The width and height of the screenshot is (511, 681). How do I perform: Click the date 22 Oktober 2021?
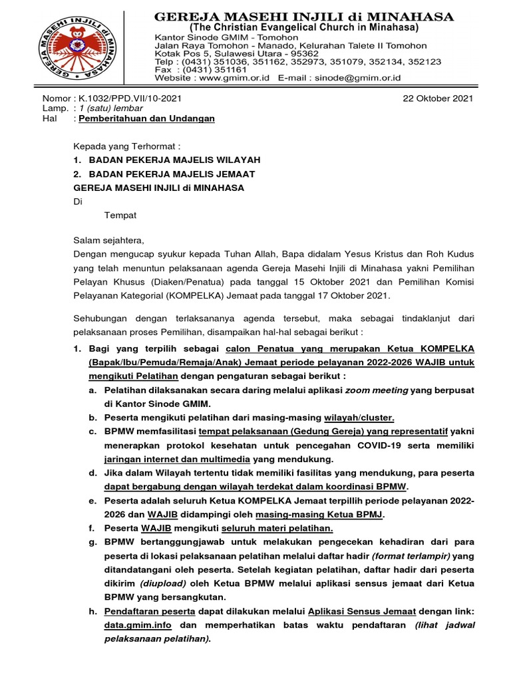[438, 98]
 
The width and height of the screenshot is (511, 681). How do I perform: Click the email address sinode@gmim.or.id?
[360, 78]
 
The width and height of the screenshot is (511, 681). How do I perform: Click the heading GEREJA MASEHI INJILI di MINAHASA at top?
[304, 16]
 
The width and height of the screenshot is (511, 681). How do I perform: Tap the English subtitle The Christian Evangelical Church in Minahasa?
[304, 28]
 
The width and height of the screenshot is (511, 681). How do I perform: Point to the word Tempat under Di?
[120, 215]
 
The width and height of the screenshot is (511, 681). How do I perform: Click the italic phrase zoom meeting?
[376, 390]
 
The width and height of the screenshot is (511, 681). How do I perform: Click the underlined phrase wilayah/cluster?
[359, 418]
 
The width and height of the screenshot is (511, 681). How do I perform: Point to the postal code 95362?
[300, 54]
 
